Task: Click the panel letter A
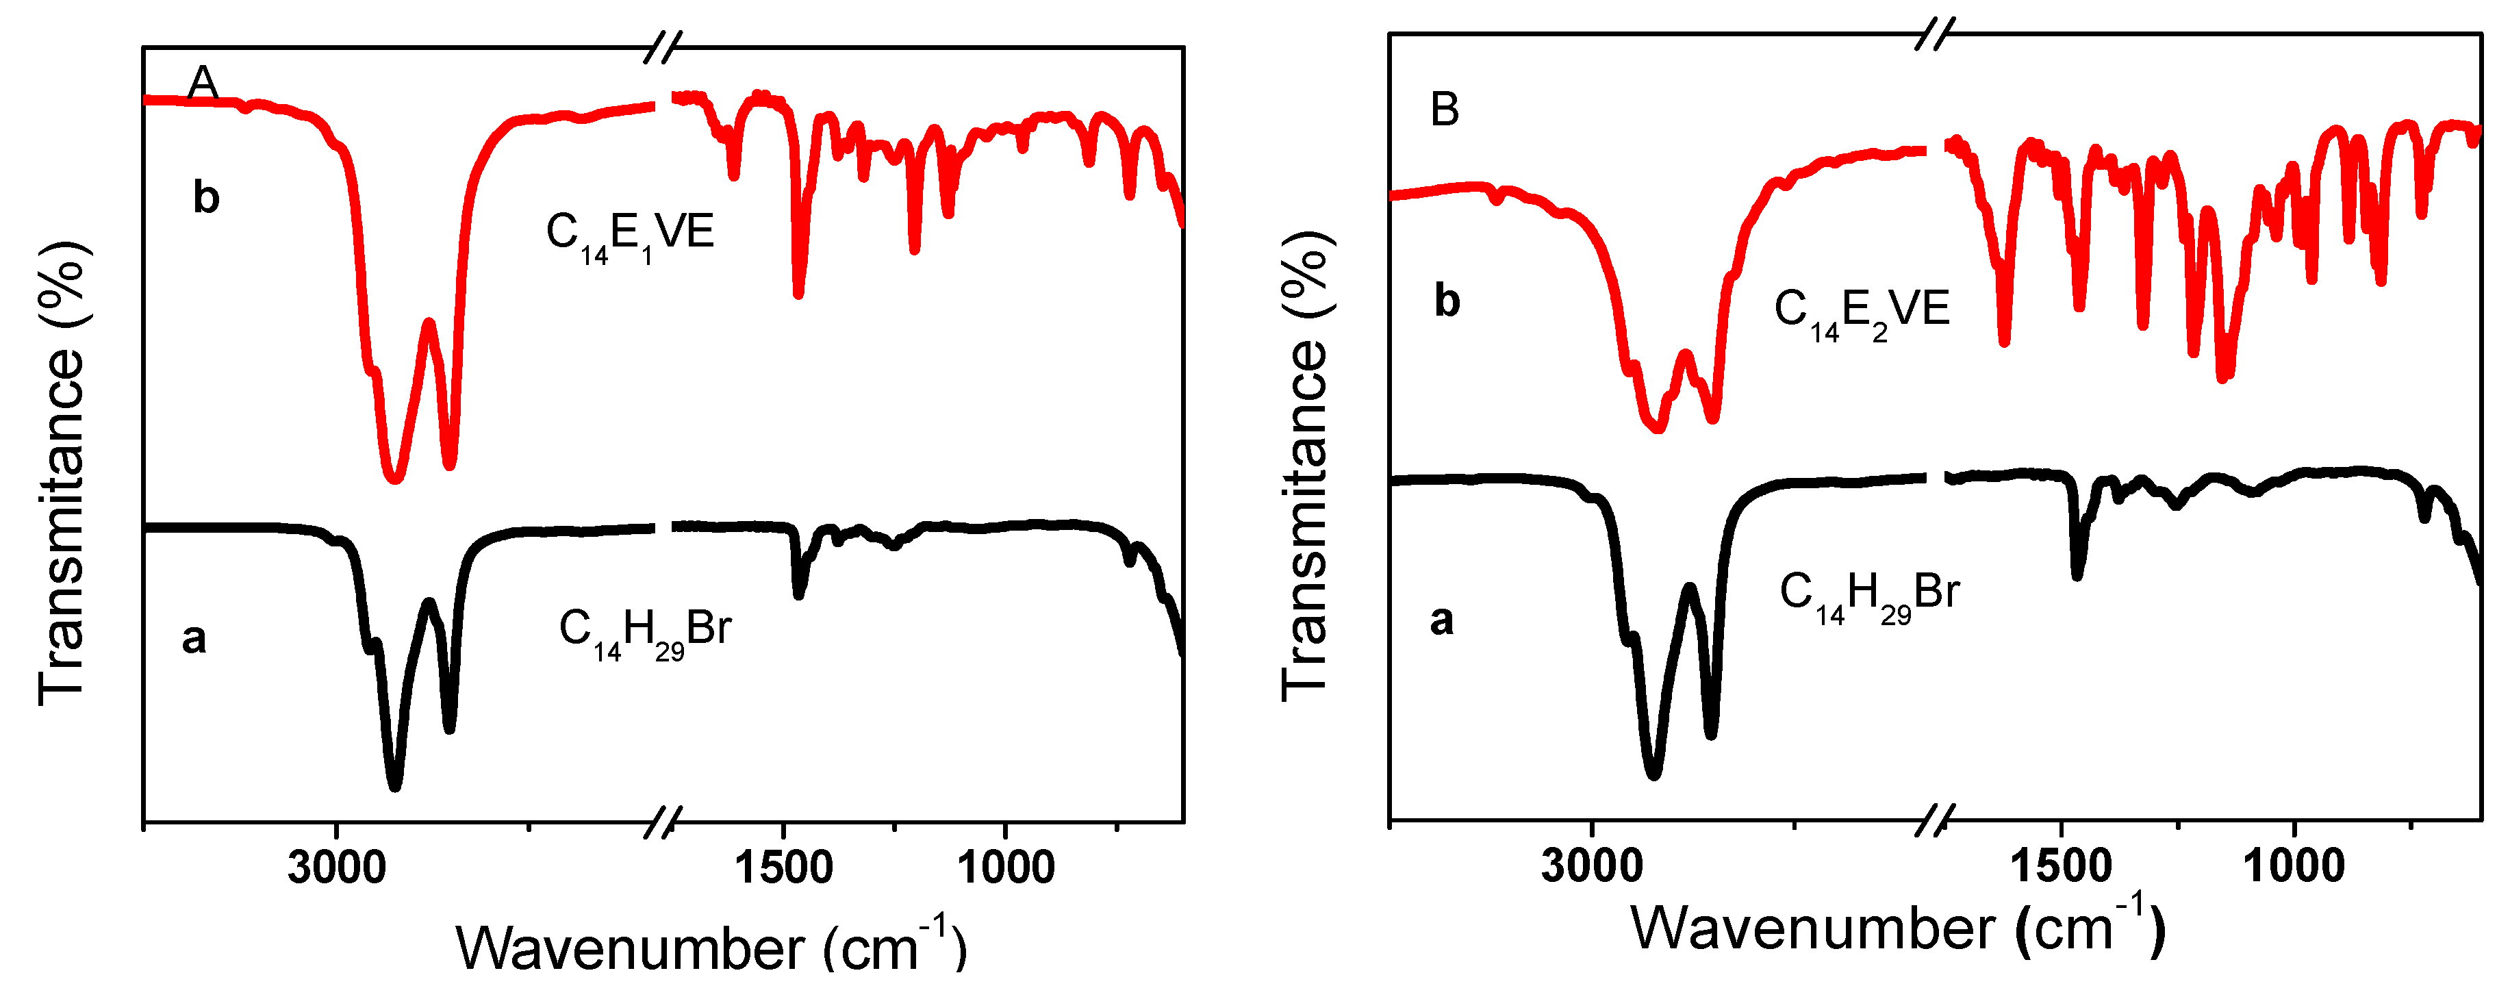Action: [x=203, y=83]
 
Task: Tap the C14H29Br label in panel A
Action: [x=645, y=632]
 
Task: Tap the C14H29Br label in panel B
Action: [x=1869, y=595]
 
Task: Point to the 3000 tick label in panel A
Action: [x=336, y=867]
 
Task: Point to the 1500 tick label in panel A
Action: [x=783, y=867]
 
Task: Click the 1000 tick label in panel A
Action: [x=1004, y=867]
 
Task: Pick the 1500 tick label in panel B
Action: [x=2060, y=865]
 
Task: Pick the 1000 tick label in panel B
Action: [x=2294, y=865]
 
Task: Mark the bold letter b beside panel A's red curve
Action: [x=205, y=198]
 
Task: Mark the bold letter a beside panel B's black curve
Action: [x=1441, y=620]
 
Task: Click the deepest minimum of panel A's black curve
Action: [x=394, y=783]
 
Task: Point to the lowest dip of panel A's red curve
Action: [x=394, y=477]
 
